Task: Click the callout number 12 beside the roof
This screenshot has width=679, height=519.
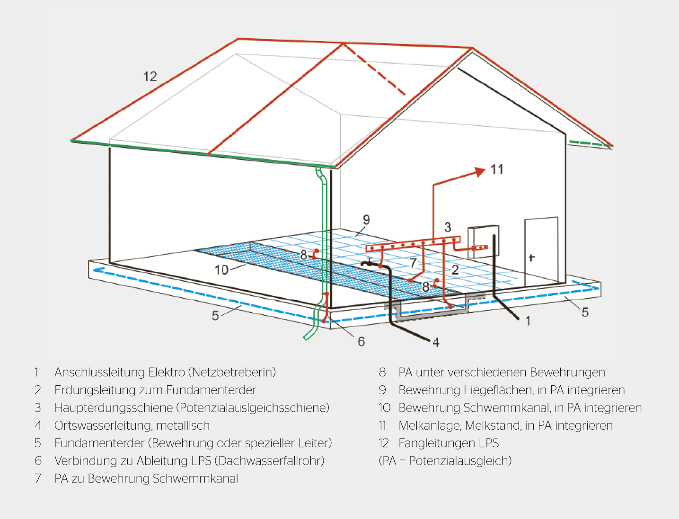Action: (150, 77)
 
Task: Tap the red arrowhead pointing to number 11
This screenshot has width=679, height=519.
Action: (480, 172)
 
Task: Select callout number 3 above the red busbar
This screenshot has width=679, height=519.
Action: (448, 227)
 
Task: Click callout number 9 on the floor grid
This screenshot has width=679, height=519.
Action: (366, 220)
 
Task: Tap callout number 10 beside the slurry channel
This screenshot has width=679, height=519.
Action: (221, 270)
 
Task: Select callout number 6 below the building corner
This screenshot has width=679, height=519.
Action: (362, 341)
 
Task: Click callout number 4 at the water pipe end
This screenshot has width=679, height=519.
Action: (436, 342)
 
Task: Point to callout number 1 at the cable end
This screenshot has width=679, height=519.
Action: (528, 321)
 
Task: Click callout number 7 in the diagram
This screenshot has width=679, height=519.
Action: (413, 263)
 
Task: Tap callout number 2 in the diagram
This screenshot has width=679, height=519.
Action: (455, 270)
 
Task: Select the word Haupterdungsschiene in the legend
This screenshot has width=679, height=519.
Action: (114, 408)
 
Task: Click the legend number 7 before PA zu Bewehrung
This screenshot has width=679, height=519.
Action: (38, 479)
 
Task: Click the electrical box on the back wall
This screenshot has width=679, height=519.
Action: (483, 241)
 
